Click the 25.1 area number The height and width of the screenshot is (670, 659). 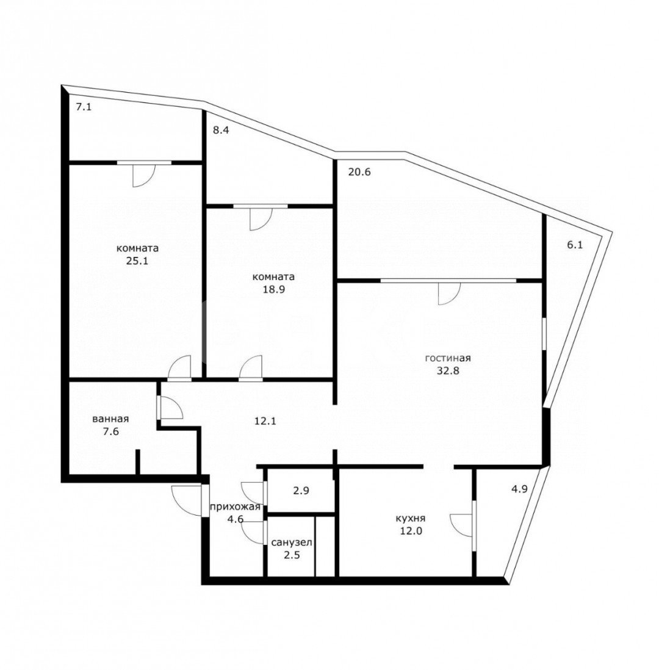pyautogui.click(x=138, y=262)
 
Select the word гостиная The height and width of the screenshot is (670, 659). pyautogui.click(x=448, y=358)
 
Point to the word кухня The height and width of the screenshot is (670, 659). pyautogui.click(x=410, y=518)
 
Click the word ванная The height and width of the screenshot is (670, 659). pyautogui.click(x=110, y=419)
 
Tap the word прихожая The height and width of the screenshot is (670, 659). pyautogui.click(x=236, y=507)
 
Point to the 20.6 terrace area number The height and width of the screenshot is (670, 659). pyautogui.click(x=359, y=172)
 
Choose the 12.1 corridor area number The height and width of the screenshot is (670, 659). pyautogui.click(x=266, y=420)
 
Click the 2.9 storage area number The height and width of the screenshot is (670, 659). pyautogui.click(x=300, y=490)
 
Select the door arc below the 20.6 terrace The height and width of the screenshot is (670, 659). pyautogui.click(x=447, y=294)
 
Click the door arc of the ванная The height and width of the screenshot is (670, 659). pyautogui.click(x=171, y=408)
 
